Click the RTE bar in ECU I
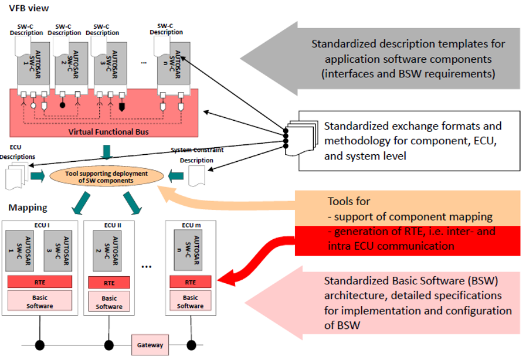(39, 281)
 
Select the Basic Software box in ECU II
(109, 303)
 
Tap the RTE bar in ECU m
(190, 281)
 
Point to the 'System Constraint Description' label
(197, 154)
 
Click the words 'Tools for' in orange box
(348, 201)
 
